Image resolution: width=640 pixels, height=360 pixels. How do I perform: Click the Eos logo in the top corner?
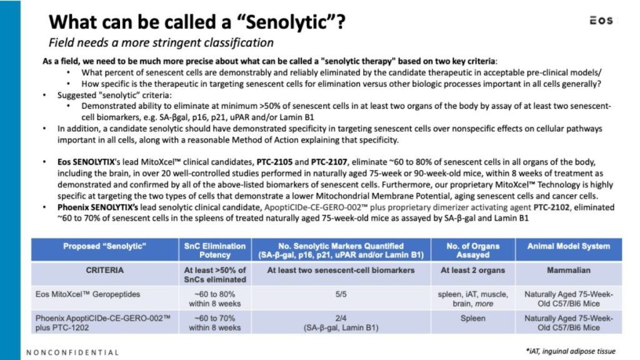tap(601, 21)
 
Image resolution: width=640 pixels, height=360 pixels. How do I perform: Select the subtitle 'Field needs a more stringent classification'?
tap(161, 42)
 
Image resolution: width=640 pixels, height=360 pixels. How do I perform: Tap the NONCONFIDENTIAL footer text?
tap(72, 352)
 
